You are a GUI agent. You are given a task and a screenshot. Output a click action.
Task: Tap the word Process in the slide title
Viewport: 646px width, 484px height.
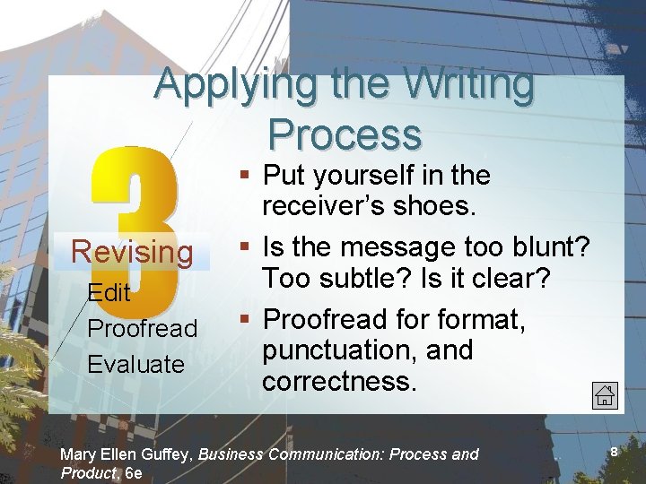(x=344, y=134)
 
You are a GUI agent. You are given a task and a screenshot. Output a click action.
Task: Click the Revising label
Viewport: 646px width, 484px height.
(x=132, y=252)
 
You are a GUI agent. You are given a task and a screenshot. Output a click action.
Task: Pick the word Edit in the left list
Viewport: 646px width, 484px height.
(x=109, y=293)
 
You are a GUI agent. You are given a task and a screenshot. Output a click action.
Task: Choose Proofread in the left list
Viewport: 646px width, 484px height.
(x=142, y=328)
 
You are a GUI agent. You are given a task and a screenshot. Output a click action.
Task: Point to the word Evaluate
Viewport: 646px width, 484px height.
(x=135, y=364)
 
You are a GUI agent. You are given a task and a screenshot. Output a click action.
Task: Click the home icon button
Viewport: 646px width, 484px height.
(x=605, y=393)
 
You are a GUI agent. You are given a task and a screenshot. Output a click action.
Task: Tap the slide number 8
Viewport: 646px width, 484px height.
(x=614, y=453)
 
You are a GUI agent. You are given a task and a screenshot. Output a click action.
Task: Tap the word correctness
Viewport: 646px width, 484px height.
(x=339, y=381)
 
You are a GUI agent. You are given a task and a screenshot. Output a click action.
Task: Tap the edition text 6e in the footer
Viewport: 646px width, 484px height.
(x=134, y=472)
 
